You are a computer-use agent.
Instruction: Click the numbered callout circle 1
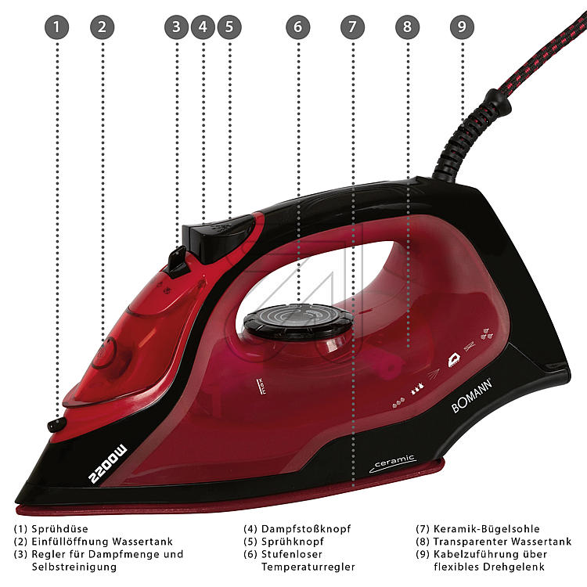(x=56, y=27)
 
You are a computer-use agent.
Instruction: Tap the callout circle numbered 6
(x=298, y=27)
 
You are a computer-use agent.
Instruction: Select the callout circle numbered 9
(x=462, y=27)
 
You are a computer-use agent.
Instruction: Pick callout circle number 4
(x=203, y=27)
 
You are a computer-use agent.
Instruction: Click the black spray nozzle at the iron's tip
(x=56, y=425)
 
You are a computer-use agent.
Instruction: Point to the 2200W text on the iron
(x=108, y=464)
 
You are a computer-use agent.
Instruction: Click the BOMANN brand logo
(x=472, y=396)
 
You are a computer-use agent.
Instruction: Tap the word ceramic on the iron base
(x=394, y=462)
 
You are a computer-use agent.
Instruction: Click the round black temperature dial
(x=298, y=321)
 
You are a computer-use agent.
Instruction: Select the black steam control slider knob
(x=177, y=261)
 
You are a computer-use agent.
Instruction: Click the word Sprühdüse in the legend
(x=60, y=529)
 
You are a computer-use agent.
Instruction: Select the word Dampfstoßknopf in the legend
(x=306, y=529)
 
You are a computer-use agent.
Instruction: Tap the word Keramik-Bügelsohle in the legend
(x=486, y=529)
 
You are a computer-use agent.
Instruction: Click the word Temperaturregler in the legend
(x=308, y=567)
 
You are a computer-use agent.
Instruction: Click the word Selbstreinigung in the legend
(x=74, y=567)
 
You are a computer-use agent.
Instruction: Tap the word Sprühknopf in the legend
(x=293, y=542)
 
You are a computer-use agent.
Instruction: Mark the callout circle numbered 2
(x=103, y=27)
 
